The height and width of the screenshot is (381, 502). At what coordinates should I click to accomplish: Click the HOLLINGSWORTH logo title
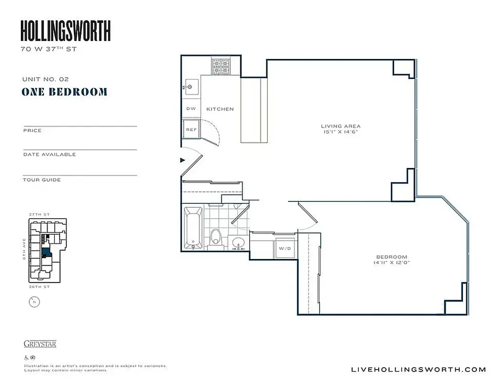(66, 31)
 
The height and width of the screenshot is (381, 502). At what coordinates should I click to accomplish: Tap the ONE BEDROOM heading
(64, 92)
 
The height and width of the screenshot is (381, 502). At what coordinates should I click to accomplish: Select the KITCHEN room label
(220, 109)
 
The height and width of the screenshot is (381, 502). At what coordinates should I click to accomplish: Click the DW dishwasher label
(191, 109)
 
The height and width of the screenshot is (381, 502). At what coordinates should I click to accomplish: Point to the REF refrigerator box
(191, 129)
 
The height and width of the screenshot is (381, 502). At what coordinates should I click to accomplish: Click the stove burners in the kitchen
(220, 67)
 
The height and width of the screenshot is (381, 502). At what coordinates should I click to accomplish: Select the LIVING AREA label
(340, 126)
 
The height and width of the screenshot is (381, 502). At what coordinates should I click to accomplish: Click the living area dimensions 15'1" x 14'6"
(340, 132)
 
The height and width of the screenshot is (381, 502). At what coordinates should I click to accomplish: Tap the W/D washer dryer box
(285, 248)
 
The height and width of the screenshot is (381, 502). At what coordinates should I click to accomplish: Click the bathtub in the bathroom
(193, 228)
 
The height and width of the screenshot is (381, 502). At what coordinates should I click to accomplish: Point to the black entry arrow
(182, 160)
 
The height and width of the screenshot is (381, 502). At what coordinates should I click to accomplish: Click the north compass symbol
(33, 301)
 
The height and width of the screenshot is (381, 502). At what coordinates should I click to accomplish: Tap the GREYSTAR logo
(40, 344)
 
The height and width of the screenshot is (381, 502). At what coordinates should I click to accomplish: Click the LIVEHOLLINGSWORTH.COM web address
(418, 369)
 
